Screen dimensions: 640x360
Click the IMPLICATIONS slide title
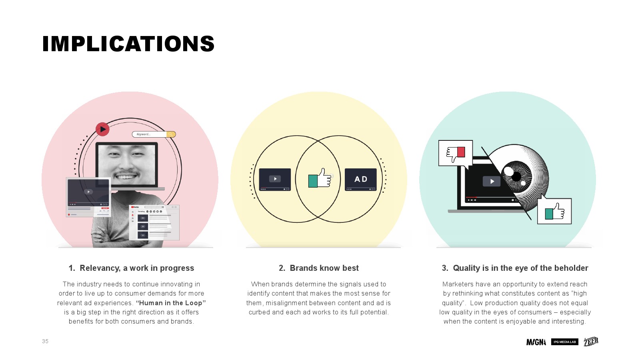pos(128,44)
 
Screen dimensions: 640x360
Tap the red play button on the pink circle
pos(102,129)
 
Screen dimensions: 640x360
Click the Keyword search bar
pos(154,134)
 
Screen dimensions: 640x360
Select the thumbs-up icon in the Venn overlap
pos(320,178)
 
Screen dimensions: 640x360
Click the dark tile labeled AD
pos(360,180)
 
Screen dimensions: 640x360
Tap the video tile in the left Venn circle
pos(275,180)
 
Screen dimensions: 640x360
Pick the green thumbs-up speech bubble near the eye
pos(554,211)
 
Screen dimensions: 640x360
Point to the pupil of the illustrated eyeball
pos(516,176)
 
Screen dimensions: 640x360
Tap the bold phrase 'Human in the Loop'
pos(171,303)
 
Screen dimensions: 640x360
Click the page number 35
pos(45,341)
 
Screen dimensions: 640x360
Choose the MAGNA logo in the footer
pos(536,342)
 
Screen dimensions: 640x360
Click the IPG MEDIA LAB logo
pos(564,342)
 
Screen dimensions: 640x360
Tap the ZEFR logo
pos(591,342)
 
